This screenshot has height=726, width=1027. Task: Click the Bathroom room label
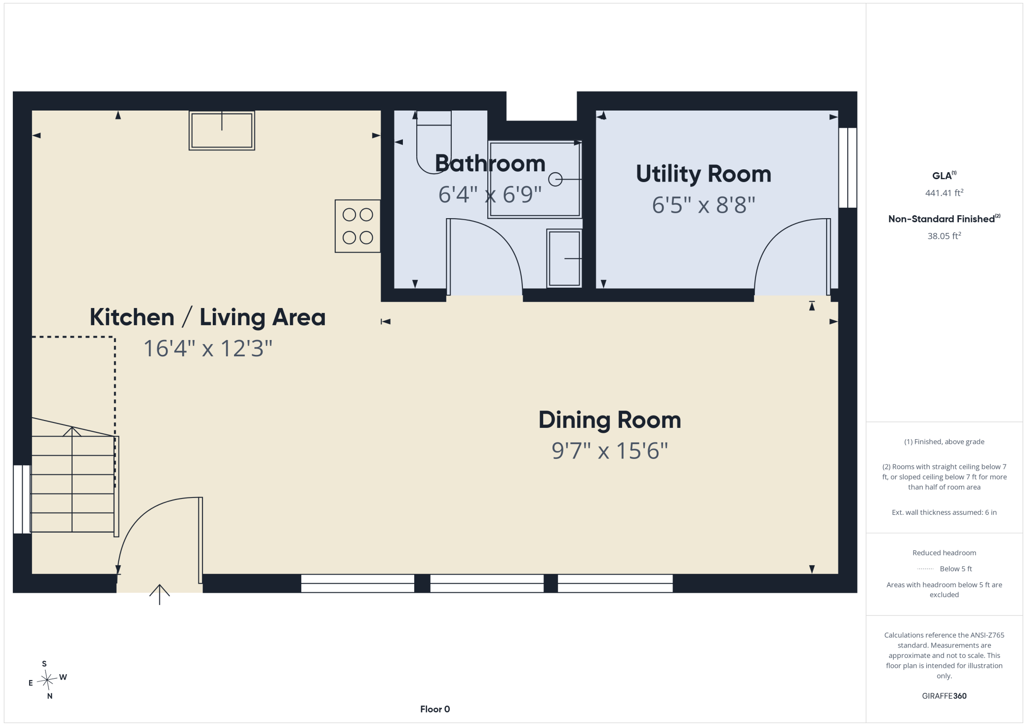coord(490,163)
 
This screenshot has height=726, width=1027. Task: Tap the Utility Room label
coord(704,174)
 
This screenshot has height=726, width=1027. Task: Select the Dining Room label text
coord(610,420)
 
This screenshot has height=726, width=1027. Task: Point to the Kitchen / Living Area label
coord(207,317)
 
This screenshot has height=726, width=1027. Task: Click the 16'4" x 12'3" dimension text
coord(208,348)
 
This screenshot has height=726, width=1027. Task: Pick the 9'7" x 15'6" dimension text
coord(610,451)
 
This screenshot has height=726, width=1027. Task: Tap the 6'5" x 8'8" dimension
coord(704,205)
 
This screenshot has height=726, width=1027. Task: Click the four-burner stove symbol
coord(357,226)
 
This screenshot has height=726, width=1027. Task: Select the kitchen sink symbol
coord(222,130)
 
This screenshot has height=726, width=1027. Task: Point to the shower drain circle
coord(555,179)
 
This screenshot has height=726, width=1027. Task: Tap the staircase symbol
coord(73,476)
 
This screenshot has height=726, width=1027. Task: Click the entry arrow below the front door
coord(159,594)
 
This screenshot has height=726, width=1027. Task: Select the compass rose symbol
coord(47,680)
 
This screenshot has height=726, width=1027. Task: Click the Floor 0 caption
coord(435,709)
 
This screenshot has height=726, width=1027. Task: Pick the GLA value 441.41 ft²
coord(944,192)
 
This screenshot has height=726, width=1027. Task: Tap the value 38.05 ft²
coord(944,235)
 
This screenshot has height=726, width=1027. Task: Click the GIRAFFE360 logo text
coord(944,696)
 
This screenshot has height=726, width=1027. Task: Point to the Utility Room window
coord(848,168)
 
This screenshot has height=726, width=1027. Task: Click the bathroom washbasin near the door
coord(564,258)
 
